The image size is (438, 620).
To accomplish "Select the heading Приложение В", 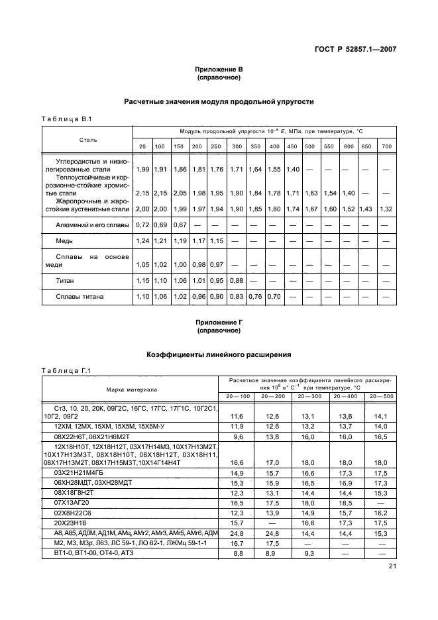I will point(219,69).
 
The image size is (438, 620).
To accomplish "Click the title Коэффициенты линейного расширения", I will point(219,355).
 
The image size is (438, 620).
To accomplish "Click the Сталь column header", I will point(88,140).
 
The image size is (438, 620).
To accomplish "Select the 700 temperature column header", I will point(386,146).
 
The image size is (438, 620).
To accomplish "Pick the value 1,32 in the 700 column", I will point(386,209).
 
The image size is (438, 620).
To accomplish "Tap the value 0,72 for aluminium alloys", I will point(142,226).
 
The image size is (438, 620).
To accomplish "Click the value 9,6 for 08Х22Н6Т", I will point(237,437).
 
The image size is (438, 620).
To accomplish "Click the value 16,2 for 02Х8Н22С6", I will point(380,513).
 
